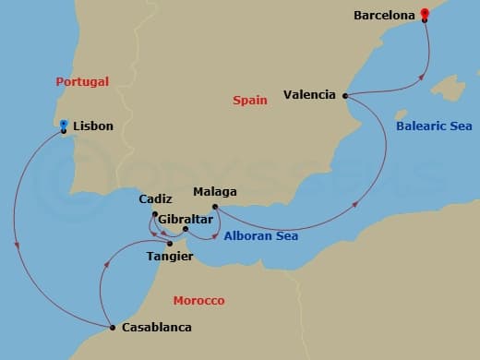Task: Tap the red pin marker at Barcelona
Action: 424,13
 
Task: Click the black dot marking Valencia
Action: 345,95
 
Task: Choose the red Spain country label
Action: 249,100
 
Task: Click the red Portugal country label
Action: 82,81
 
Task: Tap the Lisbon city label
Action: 91,126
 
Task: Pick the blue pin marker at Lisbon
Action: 63,125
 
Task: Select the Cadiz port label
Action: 155,198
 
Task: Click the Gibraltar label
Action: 186,220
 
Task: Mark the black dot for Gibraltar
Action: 186,229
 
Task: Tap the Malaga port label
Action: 215,192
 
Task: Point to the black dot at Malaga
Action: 214,206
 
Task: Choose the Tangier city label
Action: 169,257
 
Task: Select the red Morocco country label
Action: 198,301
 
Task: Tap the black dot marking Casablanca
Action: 113,328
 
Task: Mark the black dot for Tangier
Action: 170,244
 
